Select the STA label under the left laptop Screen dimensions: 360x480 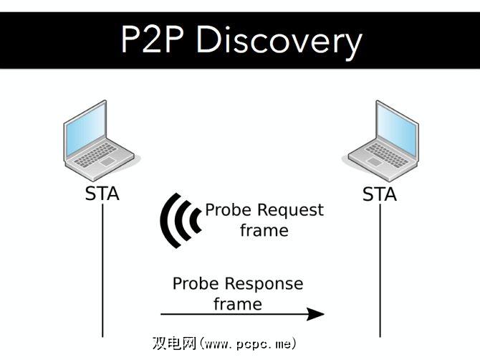(102, 194)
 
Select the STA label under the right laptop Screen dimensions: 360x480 (380, 194)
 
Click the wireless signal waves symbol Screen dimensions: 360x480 (178, 219)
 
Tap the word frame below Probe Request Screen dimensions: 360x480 (264, 230)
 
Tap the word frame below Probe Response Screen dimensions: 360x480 (238, 303)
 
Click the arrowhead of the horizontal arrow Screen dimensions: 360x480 (317, 313)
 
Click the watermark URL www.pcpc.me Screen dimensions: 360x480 (247, 343)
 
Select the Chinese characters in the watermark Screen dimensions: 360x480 (175, 343)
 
